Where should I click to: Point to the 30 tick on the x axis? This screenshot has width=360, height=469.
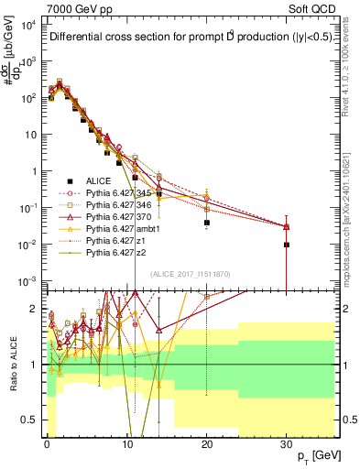[287, 442]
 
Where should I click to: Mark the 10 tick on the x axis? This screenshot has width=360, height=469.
[125, 442]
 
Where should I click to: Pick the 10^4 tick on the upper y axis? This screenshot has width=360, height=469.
[28, 24]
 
